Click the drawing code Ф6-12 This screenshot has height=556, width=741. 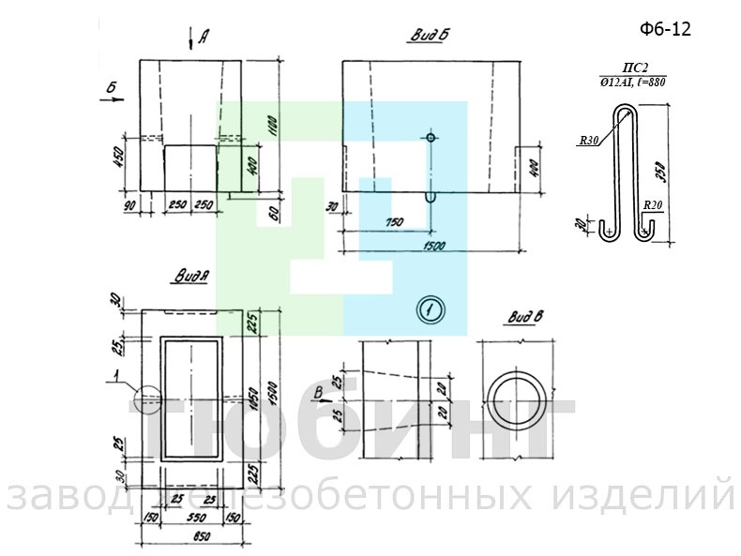(x=665, y=30)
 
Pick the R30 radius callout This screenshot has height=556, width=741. (x=588, y=141)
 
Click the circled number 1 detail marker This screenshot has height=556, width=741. (x=431, y=309)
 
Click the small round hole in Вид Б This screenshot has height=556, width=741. (x=431, y=138)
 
